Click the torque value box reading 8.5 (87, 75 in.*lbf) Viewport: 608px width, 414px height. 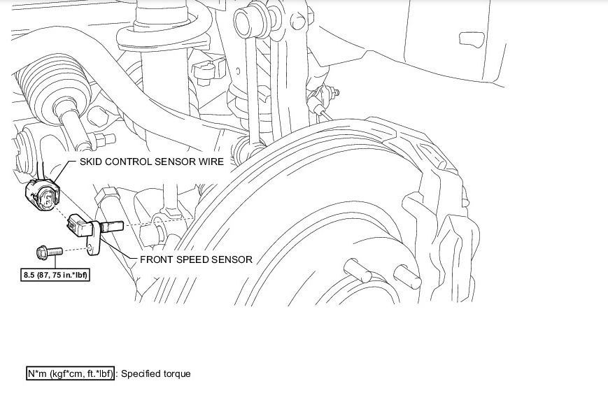(x=56, y=275)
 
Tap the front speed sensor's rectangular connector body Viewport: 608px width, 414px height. (x=78, y=224)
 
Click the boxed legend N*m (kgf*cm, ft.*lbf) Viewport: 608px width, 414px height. (x=70, y=373)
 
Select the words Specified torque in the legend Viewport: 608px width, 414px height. (x=155, y=373)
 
